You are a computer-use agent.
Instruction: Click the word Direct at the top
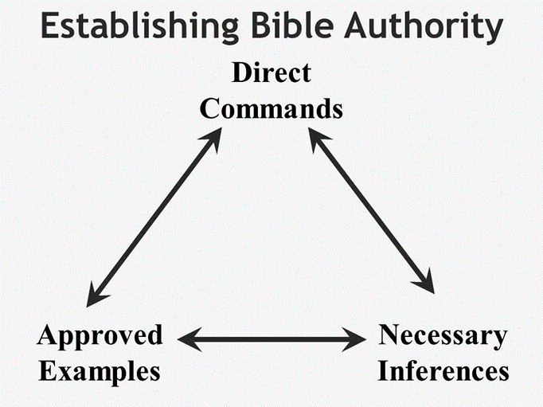click(271, 72)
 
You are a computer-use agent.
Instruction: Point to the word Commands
click(271, 108)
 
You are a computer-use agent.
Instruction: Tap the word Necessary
click(442, 335)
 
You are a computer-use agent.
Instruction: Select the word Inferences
click(443, 371)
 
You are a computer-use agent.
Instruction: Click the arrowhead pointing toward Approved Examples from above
click(91, 295)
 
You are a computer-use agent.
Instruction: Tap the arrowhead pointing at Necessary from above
click(425, 284)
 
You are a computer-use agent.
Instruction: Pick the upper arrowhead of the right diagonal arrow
click(316, 139)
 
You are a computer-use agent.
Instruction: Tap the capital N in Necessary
click(389, 335)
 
